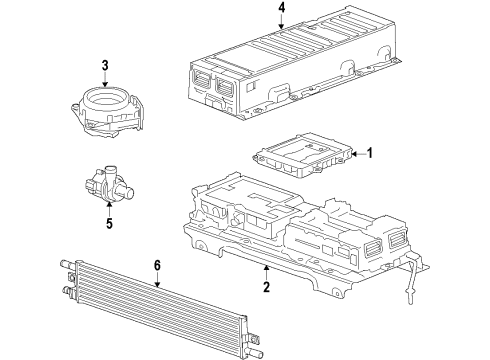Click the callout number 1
[369, 153]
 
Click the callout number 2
[266, 288]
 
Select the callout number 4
[282, 10]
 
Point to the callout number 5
[109, 223]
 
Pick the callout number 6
[157, 265]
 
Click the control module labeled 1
[300, 156]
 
